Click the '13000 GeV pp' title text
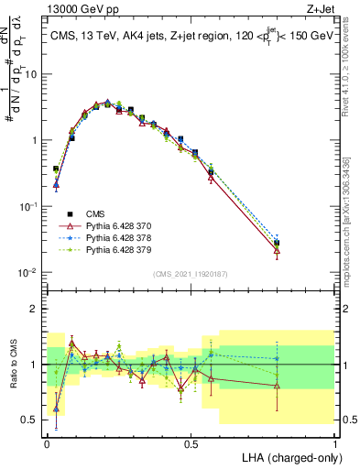coord(80,8)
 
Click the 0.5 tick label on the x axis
coord(191,442)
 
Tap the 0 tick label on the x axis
coord(47,442)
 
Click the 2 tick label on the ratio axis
coord(35,309)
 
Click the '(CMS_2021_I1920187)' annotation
coord(190,274)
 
